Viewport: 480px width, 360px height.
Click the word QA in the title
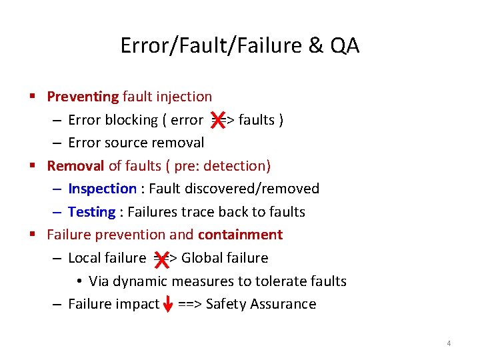click(x=343, y=45)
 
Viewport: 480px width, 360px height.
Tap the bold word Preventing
click(x=83, y=97)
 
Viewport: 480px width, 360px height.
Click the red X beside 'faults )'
click(x=217, y=120)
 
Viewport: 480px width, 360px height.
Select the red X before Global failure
click(x=161, y=258)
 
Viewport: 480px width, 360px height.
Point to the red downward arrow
click(x=169, y=304)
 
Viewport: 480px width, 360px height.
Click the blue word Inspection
click(x=102, y=189)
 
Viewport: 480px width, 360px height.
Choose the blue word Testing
click(x=92, y=212)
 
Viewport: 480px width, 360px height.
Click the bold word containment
click(x=240, y=235)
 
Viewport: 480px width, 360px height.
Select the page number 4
click(x=449, y=343)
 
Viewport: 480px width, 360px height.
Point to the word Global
click(x=201, y=258)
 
